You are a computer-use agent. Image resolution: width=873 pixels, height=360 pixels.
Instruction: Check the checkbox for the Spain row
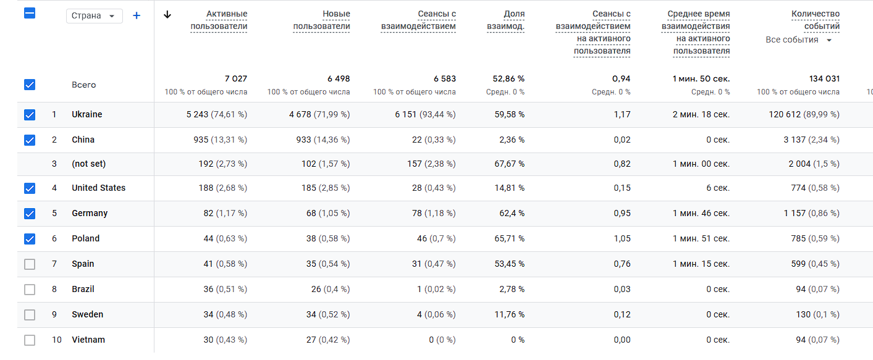point(30,264)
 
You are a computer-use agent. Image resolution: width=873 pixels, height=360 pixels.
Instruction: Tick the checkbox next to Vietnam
point(30,340)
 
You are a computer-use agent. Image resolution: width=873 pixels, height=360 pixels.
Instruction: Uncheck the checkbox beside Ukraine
point(30,115)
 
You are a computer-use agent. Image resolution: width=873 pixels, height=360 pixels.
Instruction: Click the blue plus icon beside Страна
point(137,15)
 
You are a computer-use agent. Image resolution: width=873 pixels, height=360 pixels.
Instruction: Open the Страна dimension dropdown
point(94,16)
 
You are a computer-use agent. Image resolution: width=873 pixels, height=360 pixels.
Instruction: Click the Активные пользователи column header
point(219,20)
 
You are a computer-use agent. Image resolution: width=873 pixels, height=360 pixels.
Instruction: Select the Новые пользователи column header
point(322,20)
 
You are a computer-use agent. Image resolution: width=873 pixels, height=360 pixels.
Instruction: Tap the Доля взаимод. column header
point(506,20)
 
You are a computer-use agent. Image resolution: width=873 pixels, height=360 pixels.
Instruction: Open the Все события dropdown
point(799,40)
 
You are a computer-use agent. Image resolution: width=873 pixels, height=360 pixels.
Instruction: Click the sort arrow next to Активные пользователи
point(167,15)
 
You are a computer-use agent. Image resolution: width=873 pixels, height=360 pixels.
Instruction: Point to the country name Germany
point(90,213)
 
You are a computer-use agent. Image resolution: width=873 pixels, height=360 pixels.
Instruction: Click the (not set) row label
point(88,164)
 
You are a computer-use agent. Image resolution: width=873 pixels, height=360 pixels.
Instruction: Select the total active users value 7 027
point(235,79)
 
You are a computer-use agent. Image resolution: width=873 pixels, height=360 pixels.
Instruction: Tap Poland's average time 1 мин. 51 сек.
point(701,238)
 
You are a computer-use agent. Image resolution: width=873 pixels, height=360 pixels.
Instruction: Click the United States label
point(98,188)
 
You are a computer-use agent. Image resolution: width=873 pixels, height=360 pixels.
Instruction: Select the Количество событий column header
point(816,20)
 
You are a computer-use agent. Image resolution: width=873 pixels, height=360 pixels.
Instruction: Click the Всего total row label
point(83,85)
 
